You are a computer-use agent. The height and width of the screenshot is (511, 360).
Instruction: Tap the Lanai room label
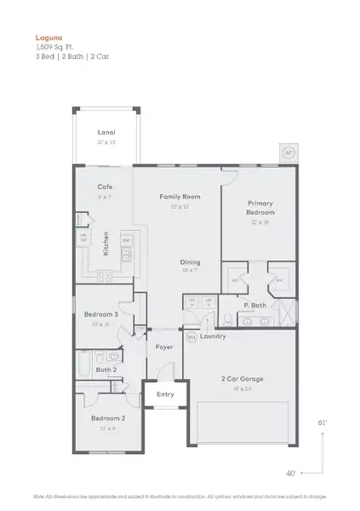point(106,132)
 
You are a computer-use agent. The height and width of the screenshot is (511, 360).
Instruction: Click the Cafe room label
point(105,187)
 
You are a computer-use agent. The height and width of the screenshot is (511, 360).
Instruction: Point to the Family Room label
point(179,196)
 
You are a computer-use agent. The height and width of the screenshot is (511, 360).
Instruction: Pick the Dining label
point(189,262)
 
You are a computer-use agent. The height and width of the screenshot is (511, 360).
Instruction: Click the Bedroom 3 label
point(100,314)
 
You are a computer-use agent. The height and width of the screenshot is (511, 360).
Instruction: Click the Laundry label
point(213,336)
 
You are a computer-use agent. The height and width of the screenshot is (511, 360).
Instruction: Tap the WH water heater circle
point(191,336)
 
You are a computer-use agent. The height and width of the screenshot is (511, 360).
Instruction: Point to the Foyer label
point(164,347)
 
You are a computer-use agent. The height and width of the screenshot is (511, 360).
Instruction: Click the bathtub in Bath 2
point(82,366)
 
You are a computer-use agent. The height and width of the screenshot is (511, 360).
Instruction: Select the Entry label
point(165,393)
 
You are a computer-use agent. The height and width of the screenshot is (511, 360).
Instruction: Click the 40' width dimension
point(291,473)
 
